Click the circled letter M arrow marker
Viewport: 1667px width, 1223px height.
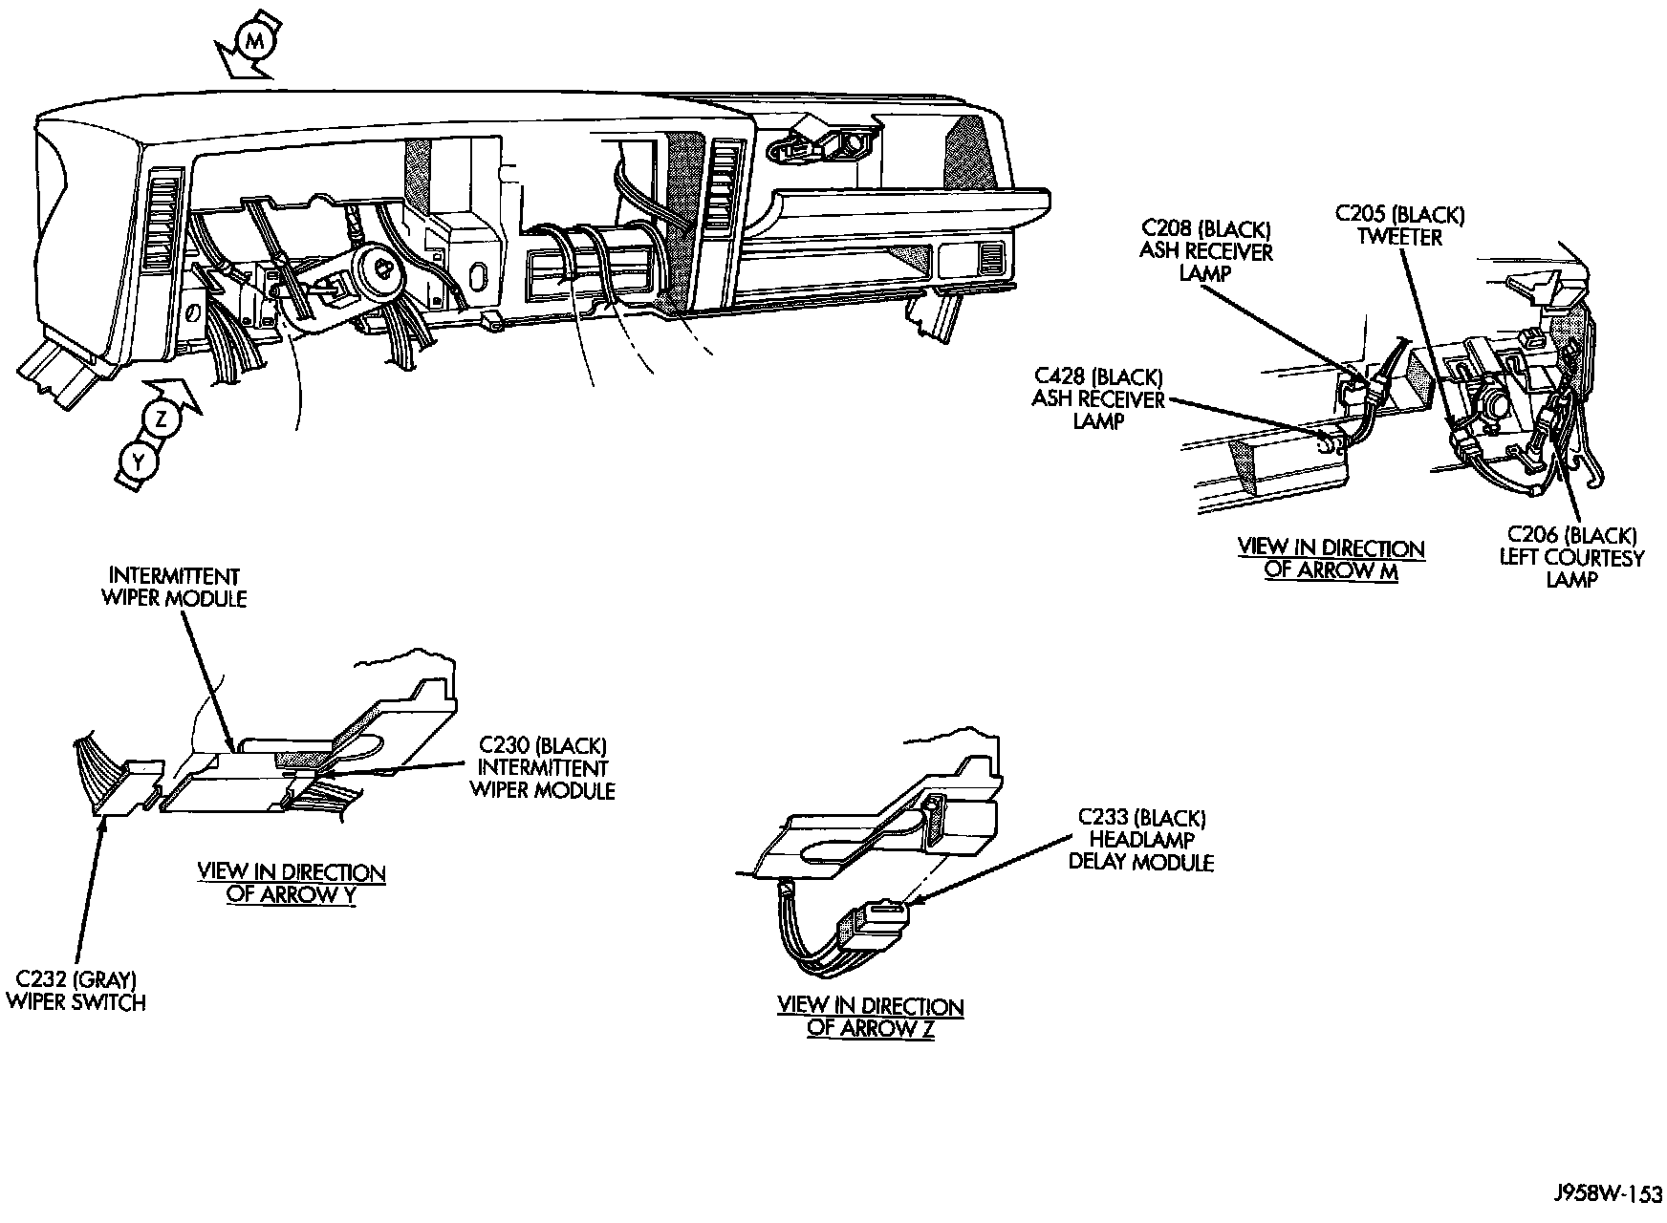252,40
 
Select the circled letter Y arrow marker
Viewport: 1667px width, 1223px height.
140,461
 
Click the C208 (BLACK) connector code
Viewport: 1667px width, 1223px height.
1206,229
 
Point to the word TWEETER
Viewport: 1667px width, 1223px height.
1400,236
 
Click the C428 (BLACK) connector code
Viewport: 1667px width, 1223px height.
1097,377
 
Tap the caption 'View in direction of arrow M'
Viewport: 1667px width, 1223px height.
1331,560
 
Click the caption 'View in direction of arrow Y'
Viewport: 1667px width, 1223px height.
292,884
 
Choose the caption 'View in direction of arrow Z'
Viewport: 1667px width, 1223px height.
871,1017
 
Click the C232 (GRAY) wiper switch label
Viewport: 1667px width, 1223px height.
76,991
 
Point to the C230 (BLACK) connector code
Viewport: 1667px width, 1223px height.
543,745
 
